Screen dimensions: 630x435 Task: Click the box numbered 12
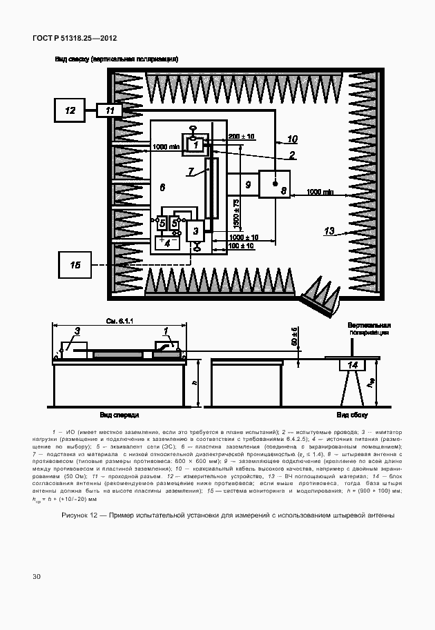point(70,110)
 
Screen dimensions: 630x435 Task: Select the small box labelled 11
point(110,110)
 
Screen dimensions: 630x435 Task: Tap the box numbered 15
point(75,265)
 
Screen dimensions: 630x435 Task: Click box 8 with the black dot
point(275,184)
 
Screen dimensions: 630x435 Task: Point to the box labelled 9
point(247,184)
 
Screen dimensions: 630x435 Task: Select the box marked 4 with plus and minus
point(166,242)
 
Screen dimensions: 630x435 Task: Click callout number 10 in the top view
point(291,139)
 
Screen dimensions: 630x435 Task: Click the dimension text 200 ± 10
point(241,136)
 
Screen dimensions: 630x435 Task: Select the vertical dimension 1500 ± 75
point(236,214)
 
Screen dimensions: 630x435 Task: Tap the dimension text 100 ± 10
point(242,246)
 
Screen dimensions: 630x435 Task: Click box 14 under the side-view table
point(353,365)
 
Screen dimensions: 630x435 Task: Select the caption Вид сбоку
point(352,415)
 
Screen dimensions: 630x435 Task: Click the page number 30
point(37,575)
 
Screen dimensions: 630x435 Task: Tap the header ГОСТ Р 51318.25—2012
point(75,37)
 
